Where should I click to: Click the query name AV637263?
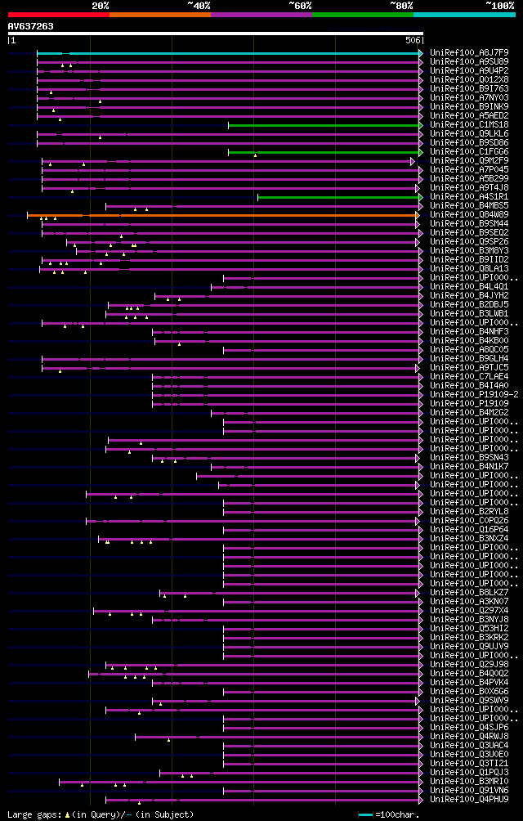[x=31, y=26]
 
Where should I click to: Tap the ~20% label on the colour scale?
[x=101, y=6]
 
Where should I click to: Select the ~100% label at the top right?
[x=499, y=6]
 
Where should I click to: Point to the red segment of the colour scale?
[x=58, y=15]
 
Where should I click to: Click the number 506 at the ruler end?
[x=413, y=40]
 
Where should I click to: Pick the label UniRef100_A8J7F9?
[x=471, y=52]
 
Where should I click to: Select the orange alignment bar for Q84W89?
[x=221, y=215]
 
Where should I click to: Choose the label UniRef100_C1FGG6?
[x=471, y=152]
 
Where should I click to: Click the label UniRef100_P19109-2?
[x=473, y=395]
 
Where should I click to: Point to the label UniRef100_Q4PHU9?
[x=471, y=800]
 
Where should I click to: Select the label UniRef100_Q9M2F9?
[x=471, y=161]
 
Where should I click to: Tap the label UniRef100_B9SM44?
[x=471, y=224]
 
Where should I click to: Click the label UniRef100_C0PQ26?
[x=471, y=521]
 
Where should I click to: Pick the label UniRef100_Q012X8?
[x=471, y=80]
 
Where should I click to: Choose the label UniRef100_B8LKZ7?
[x=471, y=593]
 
